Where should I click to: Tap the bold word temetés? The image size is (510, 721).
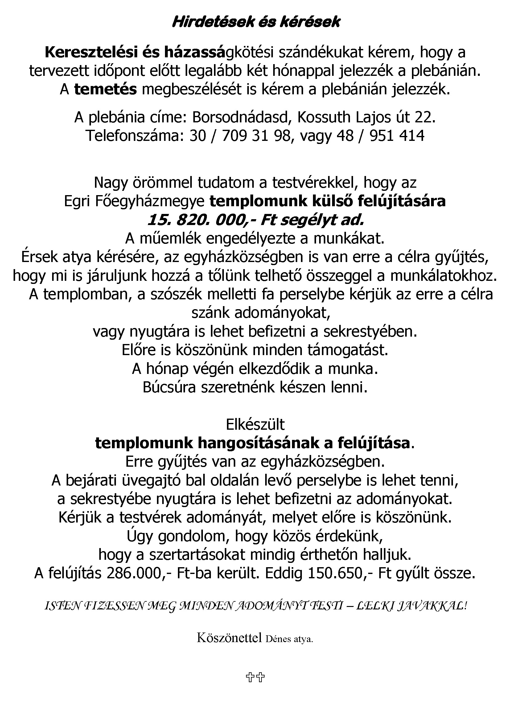click(x=105, y=90)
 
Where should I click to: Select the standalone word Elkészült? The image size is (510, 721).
click(x=255, y=425)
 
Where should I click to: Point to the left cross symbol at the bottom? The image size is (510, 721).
click(x=250, y=677)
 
